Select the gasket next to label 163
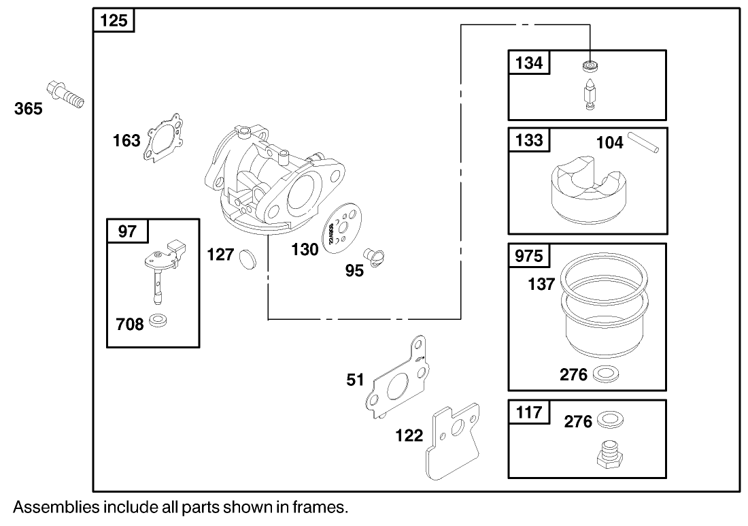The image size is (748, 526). tap(163, 138)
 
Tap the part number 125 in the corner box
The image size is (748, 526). tap(114, 20)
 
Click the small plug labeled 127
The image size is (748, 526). tap(247, 258)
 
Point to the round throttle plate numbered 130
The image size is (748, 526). tap(343, 228)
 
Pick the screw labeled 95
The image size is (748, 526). tap(375, 257)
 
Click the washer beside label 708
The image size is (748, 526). tap(158, 320)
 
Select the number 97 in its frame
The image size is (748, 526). tap(127, 231)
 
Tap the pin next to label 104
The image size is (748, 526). tap(643, 142)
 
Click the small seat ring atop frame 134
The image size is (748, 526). tap(590, 65)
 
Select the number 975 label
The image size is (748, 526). tap(529, 257)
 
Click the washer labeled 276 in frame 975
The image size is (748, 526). tap(605, 374)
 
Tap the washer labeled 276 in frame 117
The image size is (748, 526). tap(610, 420)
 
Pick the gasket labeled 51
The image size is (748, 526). tap(397, 376)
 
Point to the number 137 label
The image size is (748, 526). tap(541, 284)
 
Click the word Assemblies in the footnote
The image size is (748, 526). tap(56, 507)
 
